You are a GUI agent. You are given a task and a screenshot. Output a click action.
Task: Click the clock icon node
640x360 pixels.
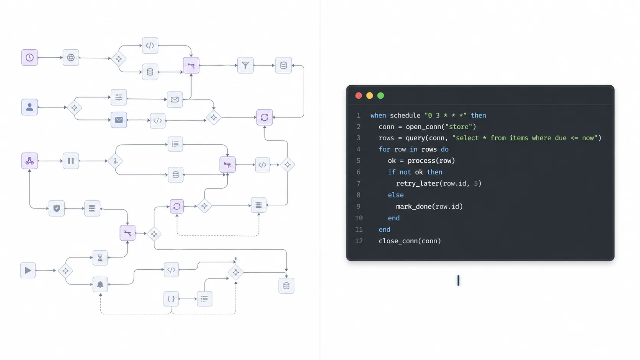point(29,57)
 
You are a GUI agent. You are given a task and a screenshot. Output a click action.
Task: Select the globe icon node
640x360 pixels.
point(71,58)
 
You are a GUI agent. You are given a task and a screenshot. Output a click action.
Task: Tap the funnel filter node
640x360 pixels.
point(245,65)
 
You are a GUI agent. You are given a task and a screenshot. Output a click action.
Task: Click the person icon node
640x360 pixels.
point(29,107)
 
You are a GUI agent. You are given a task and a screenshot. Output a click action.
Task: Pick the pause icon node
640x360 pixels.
point(71,161)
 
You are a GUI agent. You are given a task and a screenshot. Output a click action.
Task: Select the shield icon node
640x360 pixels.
point(57,209)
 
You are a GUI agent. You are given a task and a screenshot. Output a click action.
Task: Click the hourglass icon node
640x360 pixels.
point(100,258)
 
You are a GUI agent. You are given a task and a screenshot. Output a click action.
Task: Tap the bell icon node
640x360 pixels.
point(100,284)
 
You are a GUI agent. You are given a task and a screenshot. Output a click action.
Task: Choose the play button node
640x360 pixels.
point(28,270)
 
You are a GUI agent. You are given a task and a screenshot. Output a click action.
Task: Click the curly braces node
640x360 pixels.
point(171,299)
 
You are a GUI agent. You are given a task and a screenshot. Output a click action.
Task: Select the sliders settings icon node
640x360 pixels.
point(119,98)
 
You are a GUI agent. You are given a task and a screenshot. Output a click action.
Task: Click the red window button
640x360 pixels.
point(359,96)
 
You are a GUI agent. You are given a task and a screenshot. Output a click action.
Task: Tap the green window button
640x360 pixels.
point(380,96)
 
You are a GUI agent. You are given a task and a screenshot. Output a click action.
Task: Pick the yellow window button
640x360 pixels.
point(369,96)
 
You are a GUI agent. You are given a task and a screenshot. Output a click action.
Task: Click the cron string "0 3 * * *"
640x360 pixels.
point(445,116)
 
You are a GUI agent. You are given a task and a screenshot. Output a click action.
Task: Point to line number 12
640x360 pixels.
point(359,241)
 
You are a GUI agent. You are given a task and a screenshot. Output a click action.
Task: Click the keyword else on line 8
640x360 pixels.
point(395,195)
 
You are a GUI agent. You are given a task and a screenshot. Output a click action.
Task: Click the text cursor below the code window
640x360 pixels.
point(458,280)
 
